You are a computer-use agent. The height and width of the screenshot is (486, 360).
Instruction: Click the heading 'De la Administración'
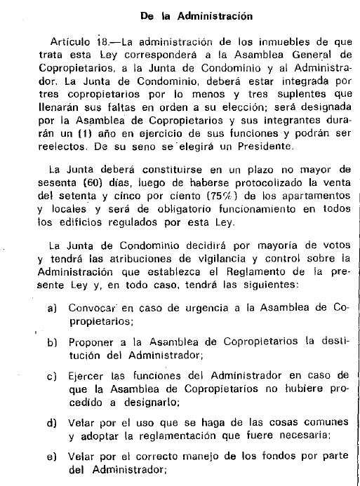186,13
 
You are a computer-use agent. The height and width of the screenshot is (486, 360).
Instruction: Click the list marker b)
52,342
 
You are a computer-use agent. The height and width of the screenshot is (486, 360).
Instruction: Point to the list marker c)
52,376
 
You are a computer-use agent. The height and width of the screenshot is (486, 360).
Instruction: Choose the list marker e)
52,457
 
